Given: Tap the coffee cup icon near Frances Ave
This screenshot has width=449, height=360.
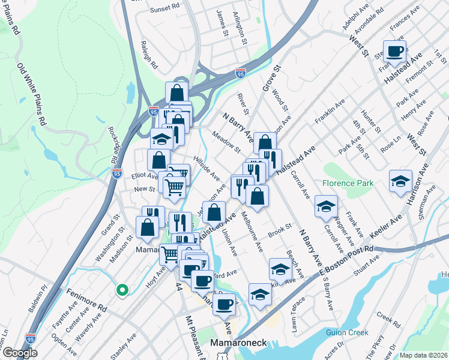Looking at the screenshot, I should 394,52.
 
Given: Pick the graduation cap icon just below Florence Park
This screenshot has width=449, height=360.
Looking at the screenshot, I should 326,206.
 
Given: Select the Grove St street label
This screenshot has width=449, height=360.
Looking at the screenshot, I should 268,79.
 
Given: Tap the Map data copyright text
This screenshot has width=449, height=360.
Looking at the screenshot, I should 424,355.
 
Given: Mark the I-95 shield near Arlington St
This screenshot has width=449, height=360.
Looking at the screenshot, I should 240,74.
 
